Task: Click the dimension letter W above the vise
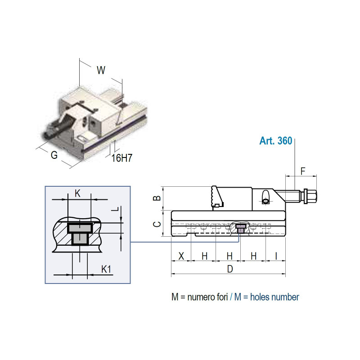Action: (101, 70)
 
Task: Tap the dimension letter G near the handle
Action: (54, 155)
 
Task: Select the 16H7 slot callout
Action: (122, 158)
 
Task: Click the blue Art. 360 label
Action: (276, 141)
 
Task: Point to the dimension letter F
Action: (303, 171)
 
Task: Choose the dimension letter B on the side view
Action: (157, 198)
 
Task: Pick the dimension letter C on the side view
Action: (157, 224)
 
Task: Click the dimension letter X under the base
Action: (181, 256)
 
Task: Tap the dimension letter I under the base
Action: (276, 256)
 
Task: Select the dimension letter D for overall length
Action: (230, 269)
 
